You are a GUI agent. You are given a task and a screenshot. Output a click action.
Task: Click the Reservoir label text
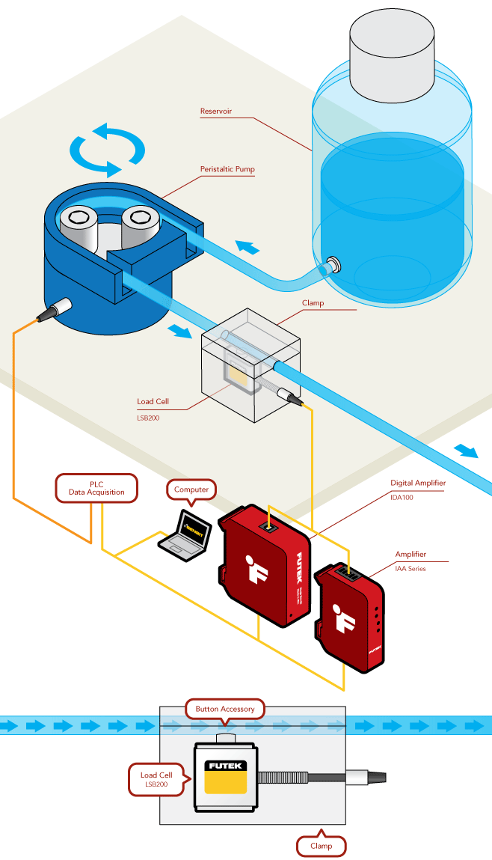click(216, 112)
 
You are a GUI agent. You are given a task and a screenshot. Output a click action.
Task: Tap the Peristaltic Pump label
click(227, 169)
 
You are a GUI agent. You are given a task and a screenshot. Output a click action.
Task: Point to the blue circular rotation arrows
click(107, 149)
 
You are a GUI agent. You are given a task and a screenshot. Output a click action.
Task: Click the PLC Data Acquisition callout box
click(97, 489)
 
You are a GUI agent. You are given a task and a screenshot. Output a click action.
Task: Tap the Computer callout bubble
click(191, 490)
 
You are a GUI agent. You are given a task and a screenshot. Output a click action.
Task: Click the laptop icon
click(185, 534)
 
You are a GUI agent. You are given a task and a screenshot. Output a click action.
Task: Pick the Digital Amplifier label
click(417, 483)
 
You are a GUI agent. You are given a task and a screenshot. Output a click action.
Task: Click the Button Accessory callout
click(224, 709)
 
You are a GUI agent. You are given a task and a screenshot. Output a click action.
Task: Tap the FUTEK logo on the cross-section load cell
click(224, 766)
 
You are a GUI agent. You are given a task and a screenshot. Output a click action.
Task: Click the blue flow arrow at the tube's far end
click(467, 451)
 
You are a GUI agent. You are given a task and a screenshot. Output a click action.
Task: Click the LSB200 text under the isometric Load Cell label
click(148, 418)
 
